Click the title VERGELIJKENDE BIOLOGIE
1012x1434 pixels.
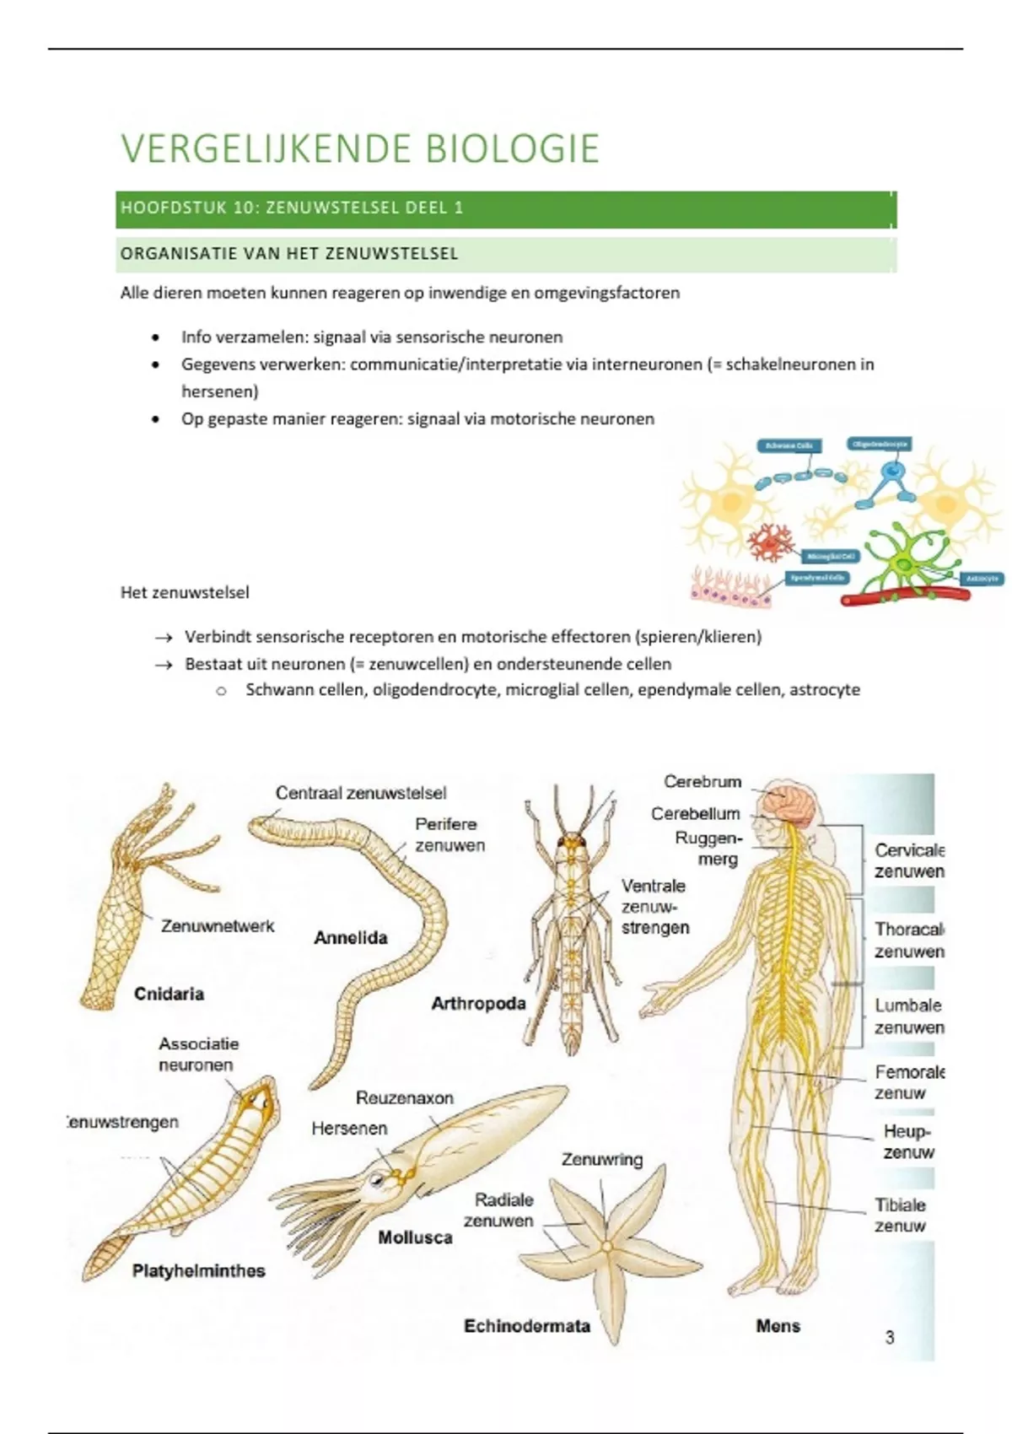pos(360,148)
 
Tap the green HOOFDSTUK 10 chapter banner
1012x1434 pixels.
pos(506,208)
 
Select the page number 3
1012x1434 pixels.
pos(890,1337)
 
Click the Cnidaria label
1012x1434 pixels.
pos(169,994)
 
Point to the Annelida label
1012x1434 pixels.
pos(351,937)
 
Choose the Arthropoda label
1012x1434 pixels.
pos(478,1003)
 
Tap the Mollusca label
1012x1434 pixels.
pos(415,1237)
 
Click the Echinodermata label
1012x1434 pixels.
pos(527,1326)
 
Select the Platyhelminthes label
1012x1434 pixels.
pos(199,1270)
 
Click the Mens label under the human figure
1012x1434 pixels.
pos(778,1326)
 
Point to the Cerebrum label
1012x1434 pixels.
pos(702,781)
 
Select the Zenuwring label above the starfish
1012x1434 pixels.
pos(602,1160)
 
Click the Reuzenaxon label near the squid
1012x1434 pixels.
pos(405,1097)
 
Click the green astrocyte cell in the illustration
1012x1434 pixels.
pos(904,562)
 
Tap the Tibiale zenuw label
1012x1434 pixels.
pos(900,1216)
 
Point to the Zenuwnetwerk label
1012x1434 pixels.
pos(218,925)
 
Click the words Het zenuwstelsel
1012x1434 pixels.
pos(185,592)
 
